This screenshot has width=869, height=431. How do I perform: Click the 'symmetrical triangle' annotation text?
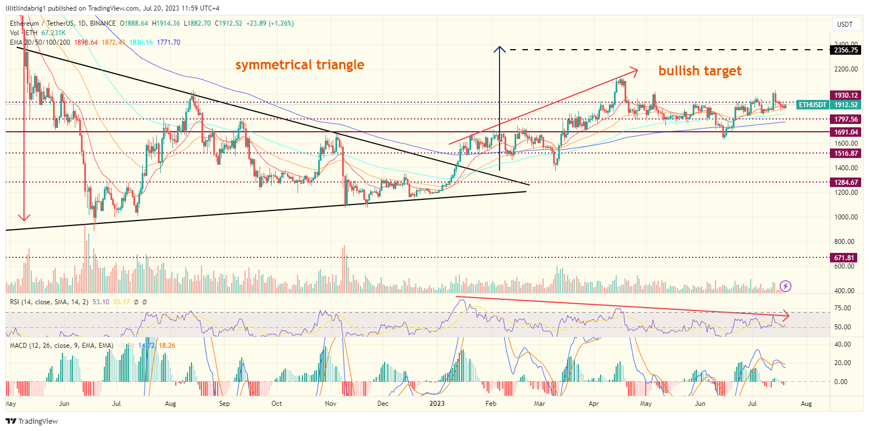tap(300, 65)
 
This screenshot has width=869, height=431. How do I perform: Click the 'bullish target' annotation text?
tap(700, 71)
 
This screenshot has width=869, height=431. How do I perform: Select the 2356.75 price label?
tap(846, 50)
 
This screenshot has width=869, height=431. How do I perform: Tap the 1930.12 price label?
tap(846, 95)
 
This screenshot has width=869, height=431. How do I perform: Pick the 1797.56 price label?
tap(846, 119)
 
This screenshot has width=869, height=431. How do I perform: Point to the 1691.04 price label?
tap(846, 132)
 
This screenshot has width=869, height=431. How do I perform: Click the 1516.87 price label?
tap(846, 152)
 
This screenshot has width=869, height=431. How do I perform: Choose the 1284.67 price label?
tap(846, 182)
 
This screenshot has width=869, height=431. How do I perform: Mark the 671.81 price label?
tap(846, 257)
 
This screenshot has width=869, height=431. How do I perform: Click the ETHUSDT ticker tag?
tap(812, 104)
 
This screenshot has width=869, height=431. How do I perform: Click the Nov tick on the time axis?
tap(331, 402)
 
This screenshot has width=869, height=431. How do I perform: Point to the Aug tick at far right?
tap(807, 402)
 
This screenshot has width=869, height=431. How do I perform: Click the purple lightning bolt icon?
tap(785, 286)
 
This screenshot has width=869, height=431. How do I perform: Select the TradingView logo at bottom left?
tap(32, 421)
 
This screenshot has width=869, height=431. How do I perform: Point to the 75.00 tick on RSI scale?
tap(843, 308)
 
